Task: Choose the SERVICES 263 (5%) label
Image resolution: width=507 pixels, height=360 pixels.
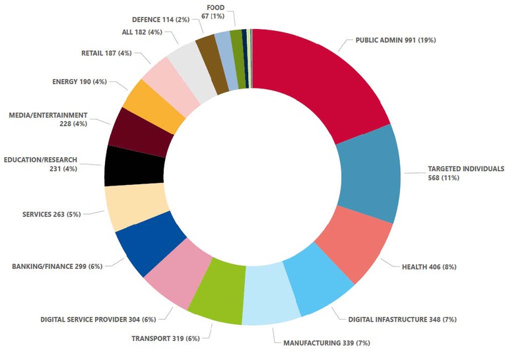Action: (x=60, y=215)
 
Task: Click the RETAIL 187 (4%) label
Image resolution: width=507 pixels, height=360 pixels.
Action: (x=106, y=53)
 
